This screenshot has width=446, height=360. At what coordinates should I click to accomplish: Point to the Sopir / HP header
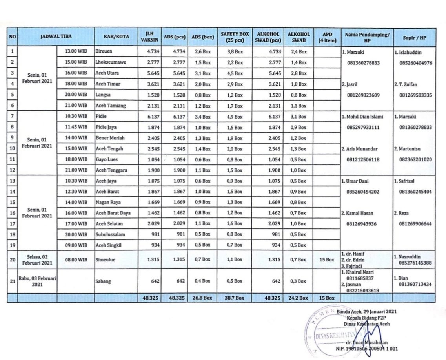pyautogui.click(x=414, y=37)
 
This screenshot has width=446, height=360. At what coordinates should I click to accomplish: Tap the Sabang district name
pyautogui.click(x=102, y=281)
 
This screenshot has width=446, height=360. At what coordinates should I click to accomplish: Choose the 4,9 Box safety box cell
pyautogui.click(x=235, y=117)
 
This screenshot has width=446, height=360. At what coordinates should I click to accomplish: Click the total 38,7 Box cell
pyautogui.click(x=235, y=298)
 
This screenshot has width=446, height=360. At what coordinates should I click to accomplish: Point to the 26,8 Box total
pyautogui.click(x=203, y=298)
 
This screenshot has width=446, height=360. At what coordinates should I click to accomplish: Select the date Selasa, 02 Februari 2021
pyautogui.click(x=37, y=259)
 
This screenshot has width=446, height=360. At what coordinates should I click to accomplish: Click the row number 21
pyautogui.click(x=13, y=281)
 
